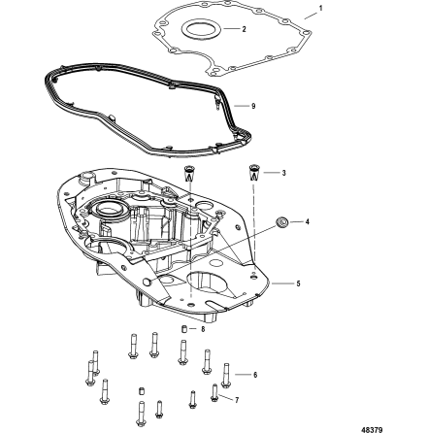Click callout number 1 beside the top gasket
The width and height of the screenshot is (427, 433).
[x=320, y=7]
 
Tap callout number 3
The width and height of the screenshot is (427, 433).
[x=282, y=172]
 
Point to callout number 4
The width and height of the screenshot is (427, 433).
[x=308, y=221]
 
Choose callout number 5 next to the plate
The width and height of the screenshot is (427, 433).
[x=298, y=283]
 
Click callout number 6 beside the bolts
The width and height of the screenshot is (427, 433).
[x=254, y=372]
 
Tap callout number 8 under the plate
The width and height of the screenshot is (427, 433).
[x=202, y=330]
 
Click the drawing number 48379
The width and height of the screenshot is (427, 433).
[x=399, y=425]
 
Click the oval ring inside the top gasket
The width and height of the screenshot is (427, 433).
[x=206, y=29]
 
